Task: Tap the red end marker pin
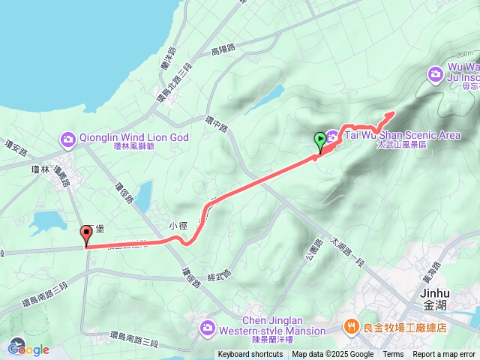[85, 235]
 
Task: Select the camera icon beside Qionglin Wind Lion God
[68, 139]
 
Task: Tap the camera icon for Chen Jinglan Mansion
[208, 327]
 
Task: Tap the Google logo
[28, 349]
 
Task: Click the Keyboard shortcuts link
[251, 355]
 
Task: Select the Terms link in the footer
[393, 355]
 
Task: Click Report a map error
[444, 355]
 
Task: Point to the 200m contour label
[466, 55]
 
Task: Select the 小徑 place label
[177, 224]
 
